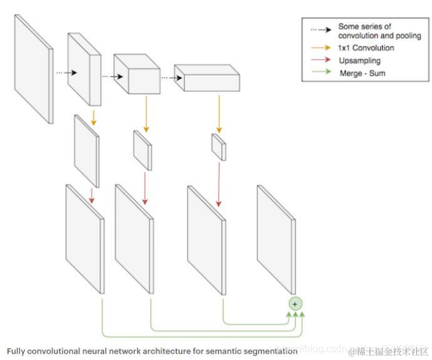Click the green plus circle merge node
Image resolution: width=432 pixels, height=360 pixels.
tap(295, 303)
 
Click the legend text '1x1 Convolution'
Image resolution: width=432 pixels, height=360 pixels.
tap(366, 48)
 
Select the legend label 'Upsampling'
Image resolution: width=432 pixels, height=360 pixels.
tap(359, 60)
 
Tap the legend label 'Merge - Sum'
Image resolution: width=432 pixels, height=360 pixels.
tap(362, 73)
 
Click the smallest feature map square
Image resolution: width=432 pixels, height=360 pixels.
tap(219, 146)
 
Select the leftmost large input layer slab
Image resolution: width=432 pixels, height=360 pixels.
tap(34, 68)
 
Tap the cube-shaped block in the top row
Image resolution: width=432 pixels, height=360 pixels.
tap(137, 74)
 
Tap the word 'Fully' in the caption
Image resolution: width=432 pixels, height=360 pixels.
tap(17, 350)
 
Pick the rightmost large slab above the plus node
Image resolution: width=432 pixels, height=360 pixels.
tap(276, 239)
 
